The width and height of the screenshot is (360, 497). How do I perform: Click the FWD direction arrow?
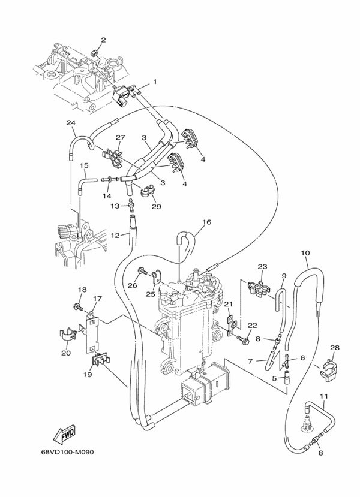(x=62, y=432)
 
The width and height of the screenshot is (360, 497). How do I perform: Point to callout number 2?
(x=103, y=40)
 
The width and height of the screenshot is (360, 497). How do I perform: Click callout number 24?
(x=71, y=123)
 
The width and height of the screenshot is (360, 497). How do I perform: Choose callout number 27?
(x=119, y=137)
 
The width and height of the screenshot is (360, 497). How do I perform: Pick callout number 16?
(x=206, y=222)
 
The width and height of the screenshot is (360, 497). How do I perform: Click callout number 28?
(x=335, y=348)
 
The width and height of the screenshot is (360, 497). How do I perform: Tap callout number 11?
(x=323, y=396)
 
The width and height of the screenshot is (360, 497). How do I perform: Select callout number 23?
(x=262, y=267)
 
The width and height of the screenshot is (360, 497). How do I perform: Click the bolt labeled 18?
(x=78, y=308)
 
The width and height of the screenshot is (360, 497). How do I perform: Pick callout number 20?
(x=66, y=353)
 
